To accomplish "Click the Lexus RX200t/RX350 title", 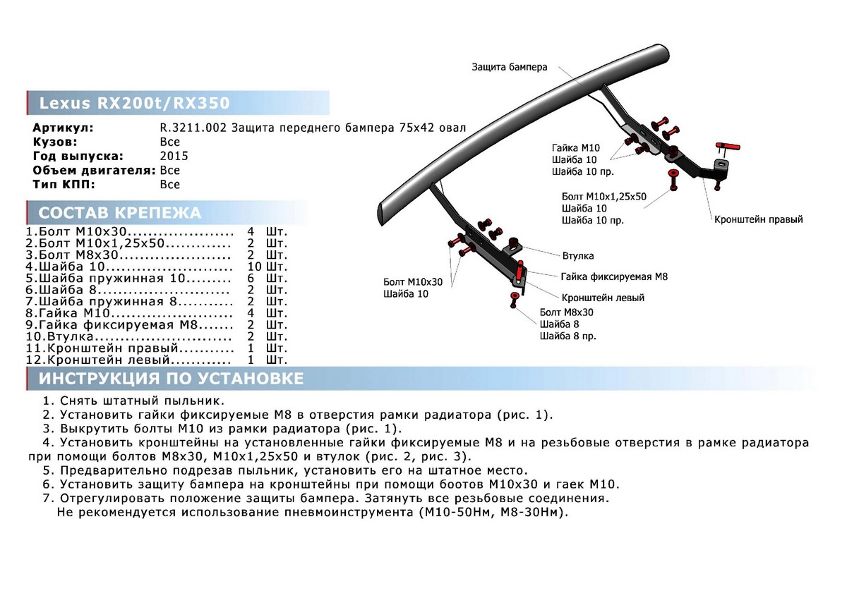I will [x=134, y=104].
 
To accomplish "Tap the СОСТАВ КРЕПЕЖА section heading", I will [x=119, y=214].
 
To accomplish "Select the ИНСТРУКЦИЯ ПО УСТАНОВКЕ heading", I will [x=171, y=379].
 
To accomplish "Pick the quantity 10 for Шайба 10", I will [x=255, y=267].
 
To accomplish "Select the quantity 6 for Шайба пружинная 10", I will [x=251, y=279].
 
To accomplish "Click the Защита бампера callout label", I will [x=510, y=68].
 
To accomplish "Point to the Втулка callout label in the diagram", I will [x=577, y=255].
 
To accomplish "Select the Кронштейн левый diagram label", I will [x=603, y=298].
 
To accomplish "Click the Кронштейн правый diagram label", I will [x=758, y=219].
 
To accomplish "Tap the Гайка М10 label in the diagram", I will [x=575, y=148].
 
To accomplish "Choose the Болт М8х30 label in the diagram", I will [x=566, y=311].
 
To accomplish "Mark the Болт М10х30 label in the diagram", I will [x=413, y=281].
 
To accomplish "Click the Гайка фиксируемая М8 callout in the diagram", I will [x=614, y=277].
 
